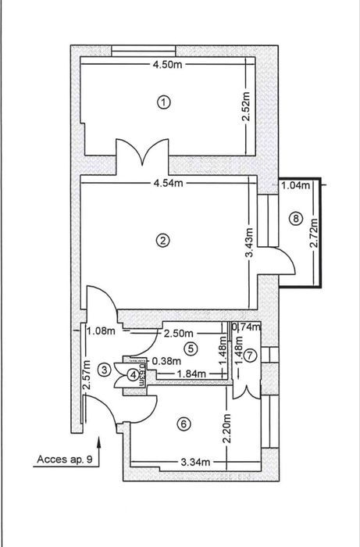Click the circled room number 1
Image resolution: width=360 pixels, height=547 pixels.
pos(163,102)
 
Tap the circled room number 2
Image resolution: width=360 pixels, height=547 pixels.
pos(163,241)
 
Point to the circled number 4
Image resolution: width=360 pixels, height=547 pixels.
pos(133,375)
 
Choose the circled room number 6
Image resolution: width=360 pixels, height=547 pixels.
pos(184,424)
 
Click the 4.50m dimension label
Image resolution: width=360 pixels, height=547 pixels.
pos(169,65)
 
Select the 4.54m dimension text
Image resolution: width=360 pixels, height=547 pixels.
pos(169,184)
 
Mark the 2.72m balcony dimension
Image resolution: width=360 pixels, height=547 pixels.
pos(314,232)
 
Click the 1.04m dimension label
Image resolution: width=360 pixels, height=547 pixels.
pos(294,185)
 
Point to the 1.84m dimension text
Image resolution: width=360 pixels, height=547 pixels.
pos(191,374)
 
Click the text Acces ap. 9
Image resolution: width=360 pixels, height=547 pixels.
pos(64,460)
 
